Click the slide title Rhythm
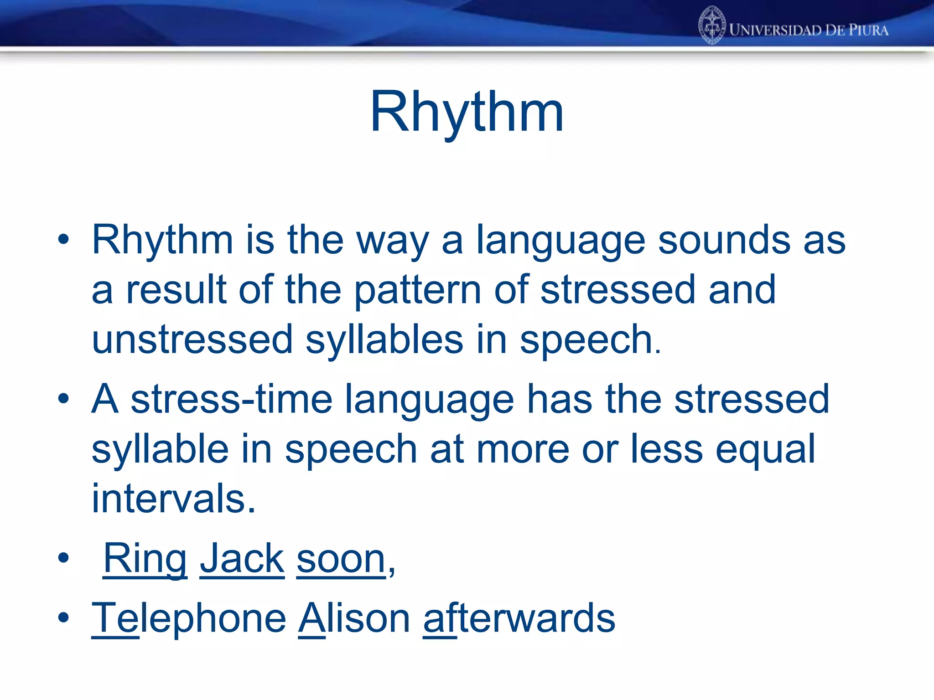tap(467, 112)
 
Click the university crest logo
tap(712, 26)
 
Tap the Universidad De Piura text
tap(809, 30)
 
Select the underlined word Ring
tap(145, 559)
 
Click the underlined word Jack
tap(242, 559)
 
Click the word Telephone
tap(189, 618)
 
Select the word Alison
tap(354, 618)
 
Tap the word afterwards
tap(519, 618)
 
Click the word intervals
tap(173, 499)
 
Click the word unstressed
tap(192, 340)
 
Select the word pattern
tap(418, 291)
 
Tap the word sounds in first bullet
tap(724, 240)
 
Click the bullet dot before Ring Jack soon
tap(63, 557)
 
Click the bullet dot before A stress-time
tap(63, 398)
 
